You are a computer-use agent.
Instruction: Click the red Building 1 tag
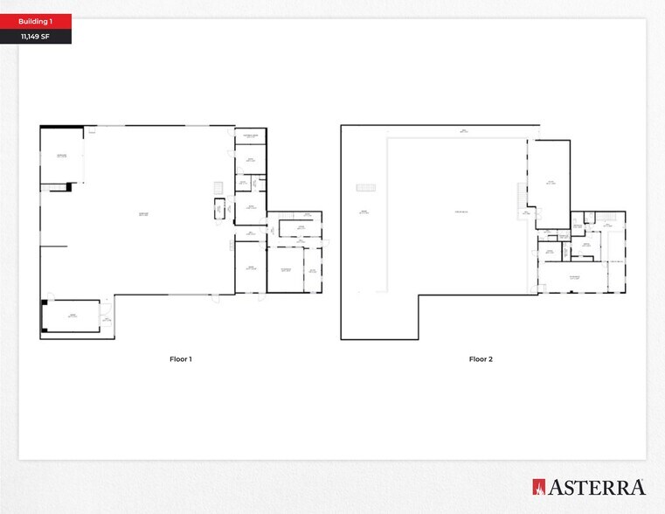click(36, 21)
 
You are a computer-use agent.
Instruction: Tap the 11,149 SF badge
click(36, 37)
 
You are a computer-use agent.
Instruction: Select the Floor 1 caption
click(180, 359)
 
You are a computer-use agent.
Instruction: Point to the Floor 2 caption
click(481, 359)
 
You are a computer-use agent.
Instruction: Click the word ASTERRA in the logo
click(598, 487)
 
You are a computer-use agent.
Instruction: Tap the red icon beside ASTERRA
click(539, 487)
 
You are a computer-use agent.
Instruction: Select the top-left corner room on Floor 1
click(62, 156)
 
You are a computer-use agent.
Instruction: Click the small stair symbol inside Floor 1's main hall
click(218, 188)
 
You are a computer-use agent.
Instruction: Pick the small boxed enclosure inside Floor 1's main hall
click(220, 208)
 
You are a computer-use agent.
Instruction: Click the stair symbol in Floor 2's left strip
click(365, 187)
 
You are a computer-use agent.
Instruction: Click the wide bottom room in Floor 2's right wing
click(573, 278)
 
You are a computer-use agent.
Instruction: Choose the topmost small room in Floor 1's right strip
click(250, 136)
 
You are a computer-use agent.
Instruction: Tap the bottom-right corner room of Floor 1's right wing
click(312, 271)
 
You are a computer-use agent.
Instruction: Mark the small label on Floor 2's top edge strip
click(464, 131)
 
